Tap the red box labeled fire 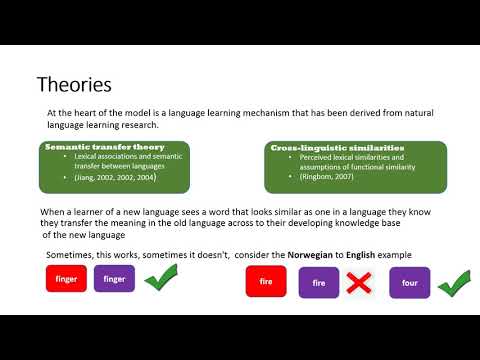pos(267,283)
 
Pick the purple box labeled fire pos(319,283)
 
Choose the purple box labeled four pos(409,283)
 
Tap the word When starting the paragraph pos(54,213)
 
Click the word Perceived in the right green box pos(306,158)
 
